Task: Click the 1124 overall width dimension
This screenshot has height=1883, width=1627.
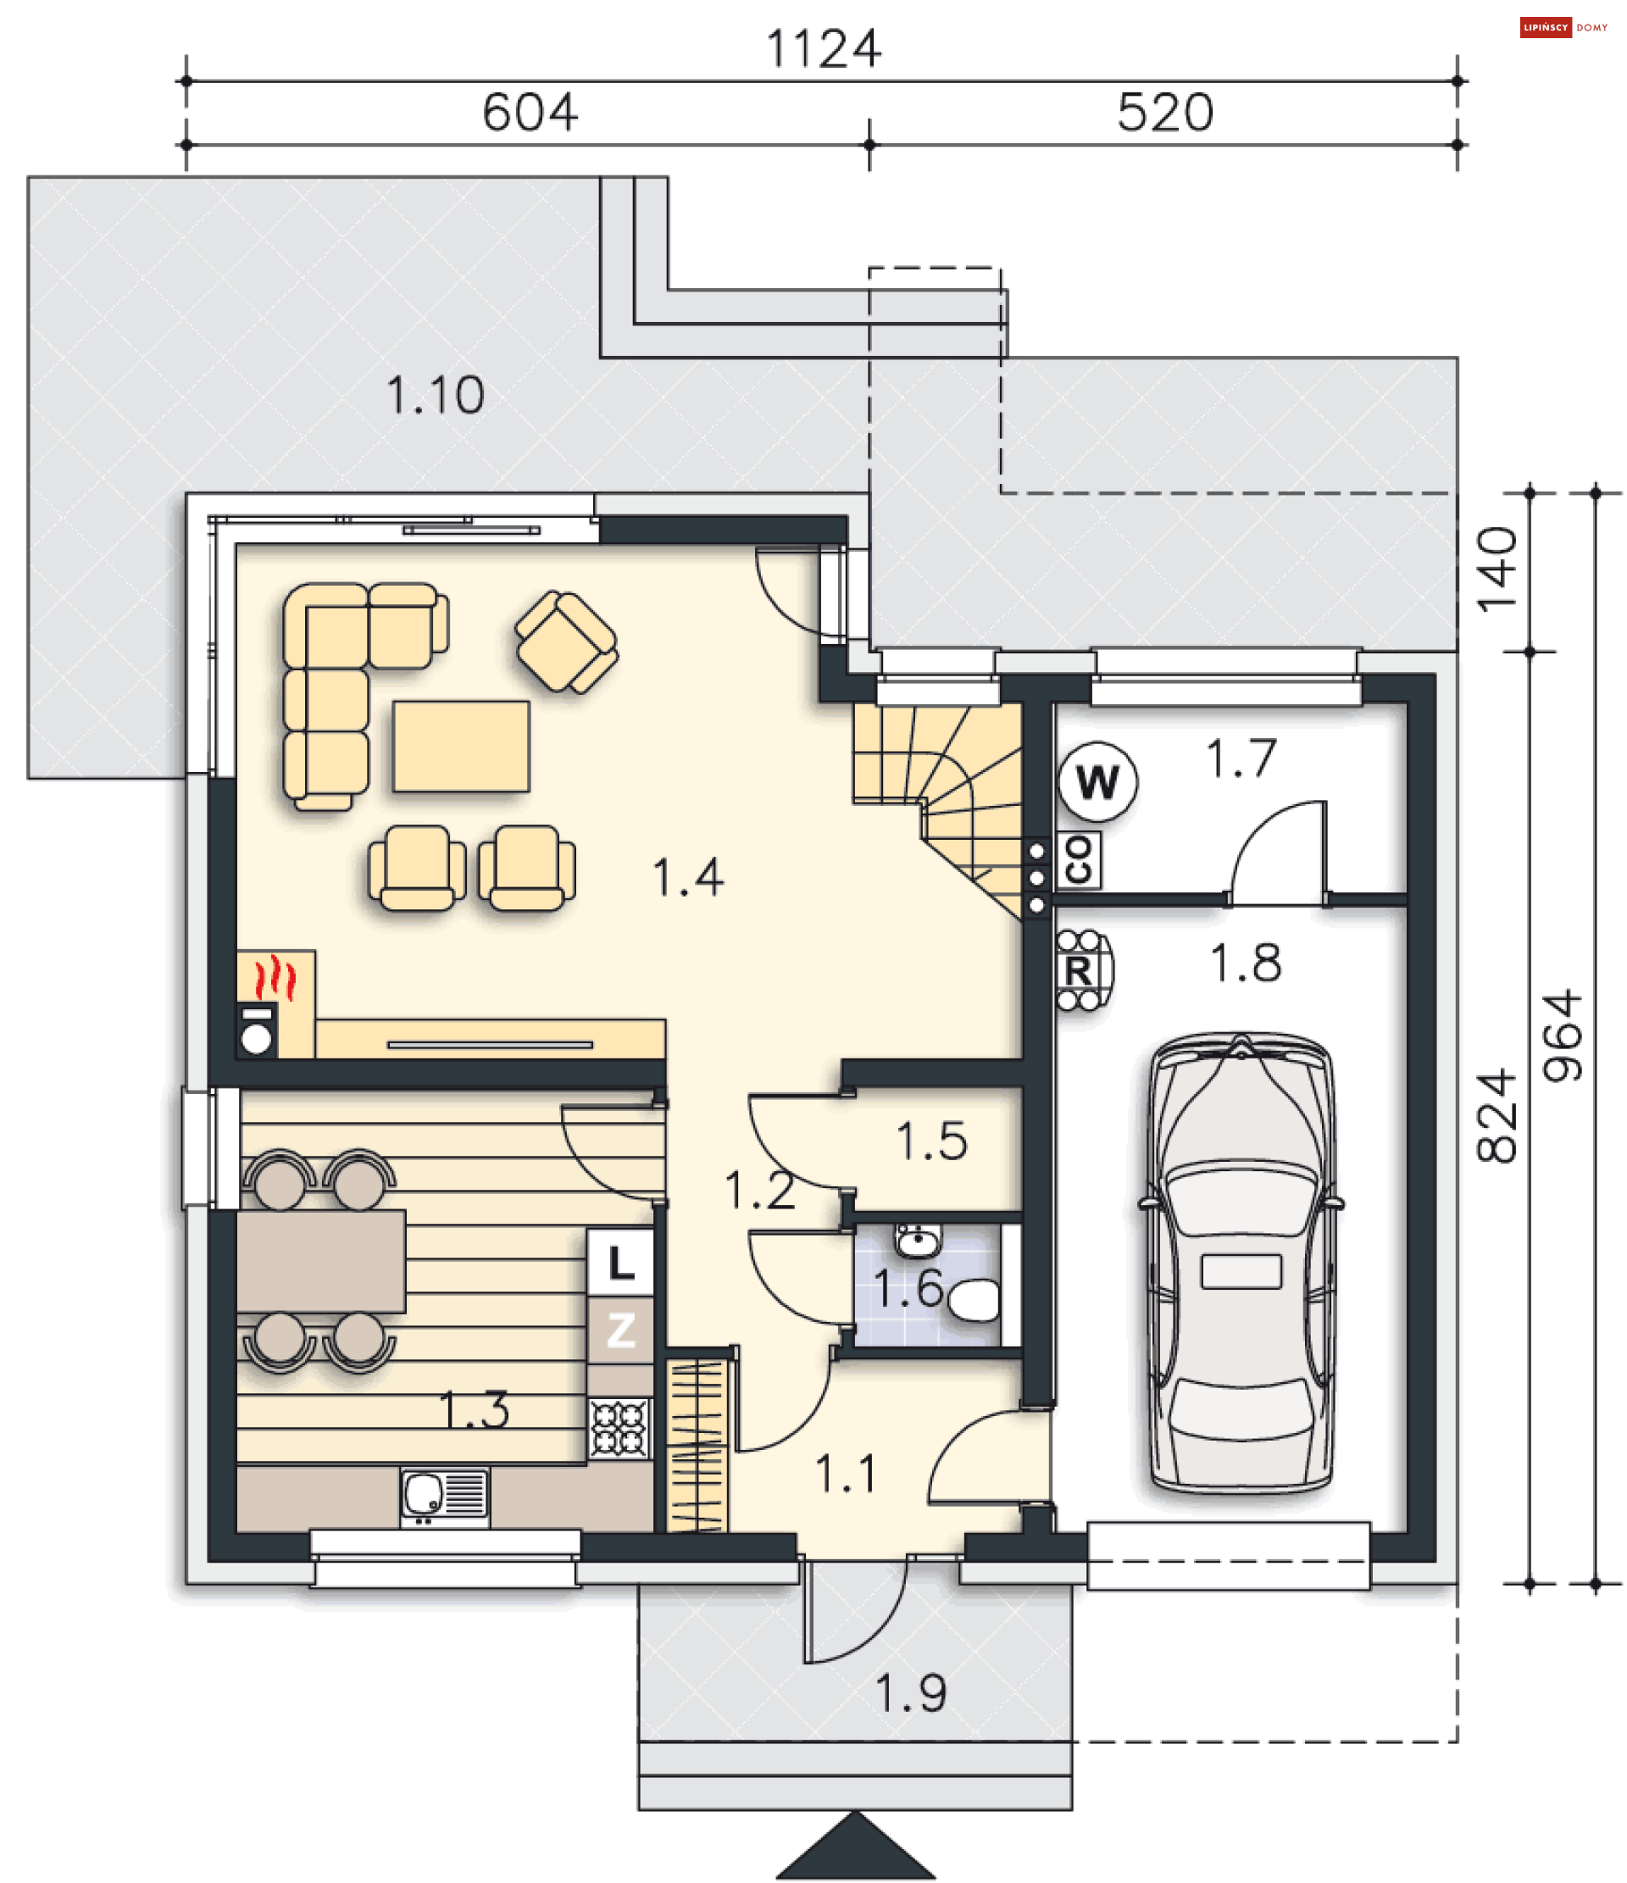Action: [x=823, y=48]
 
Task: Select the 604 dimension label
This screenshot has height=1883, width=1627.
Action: [x=530, y=113]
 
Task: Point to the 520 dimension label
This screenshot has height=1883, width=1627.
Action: [x=1164, y=113]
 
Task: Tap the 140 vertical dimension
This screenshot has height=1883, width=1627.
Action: [x=1497, y=569]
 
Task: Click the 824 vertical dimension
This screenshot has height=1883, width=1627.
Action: [x=1497, y=1117]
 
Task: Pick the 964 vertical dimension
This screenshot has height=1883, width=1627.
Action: [x=1563, y=1036]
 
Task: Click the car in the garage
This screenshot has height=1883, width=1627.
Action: [x=1241, y=1264]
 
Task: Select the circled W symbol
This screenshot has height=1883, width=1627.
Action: [x=1097, y=781]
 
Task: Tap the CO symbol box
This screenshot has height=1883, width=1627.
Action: [x=1078, y=859]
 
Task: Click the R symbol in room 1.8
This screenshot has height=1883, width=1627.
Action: [x=1079, y=971]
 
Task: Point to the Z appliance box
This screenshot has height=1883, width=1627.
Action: [x=620, y=1331]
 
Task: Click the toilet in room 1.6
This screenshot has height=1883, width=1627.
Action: [x=974, y=1301]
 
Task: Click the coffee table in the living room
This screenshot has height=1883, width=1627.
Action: [x=461, y=746]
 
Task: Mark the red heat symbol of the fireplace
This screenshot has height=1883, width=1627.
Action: [x=275, y=979]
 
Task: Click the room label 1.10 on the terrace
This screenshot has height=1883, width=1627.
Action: [x=435, y=395]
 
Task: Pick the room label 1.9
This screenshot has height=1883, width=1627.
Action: [x=911, y=1693]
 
